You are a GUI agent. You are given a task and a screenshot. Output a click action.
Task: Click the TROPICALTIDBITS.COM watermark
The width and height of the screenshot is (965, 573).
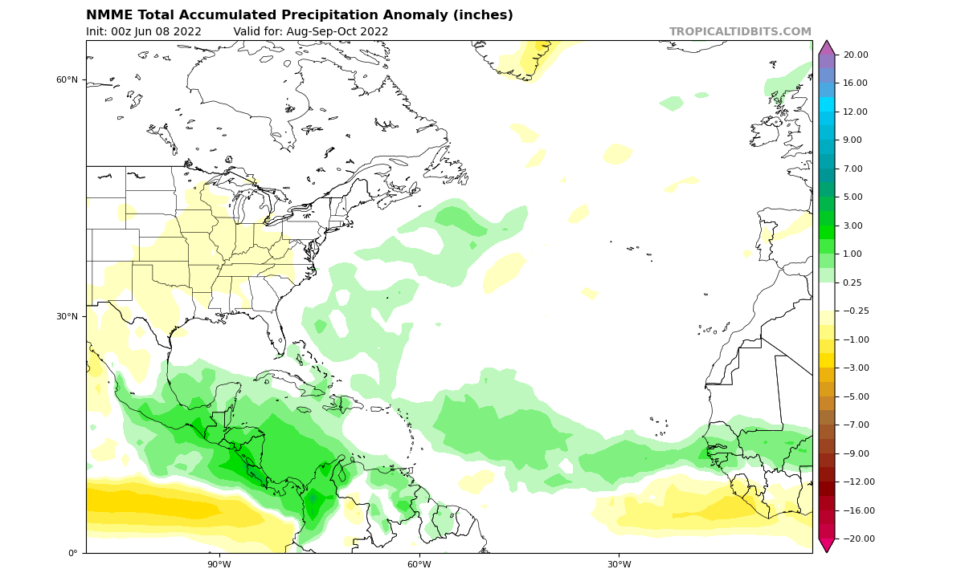point(740,32)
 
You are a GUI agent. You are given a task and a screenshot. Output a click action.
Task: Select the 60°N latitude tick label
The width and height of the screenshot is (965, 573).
point(67,79)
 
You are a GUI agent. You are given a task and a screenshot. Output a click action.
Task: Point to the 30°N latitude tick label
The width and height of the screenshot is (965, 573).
point(67,316)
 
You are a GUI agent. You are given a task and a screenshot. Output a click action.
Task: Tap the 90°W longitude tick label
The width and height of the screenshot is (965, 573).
point(219,564)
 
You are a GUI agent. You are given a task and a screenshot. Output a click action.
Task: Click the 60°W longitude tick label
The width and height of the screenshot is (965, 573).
point(419,564)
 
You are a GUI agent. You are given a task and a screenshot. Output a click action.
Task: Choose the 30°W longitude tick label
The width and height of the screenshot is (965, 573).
point(619,564)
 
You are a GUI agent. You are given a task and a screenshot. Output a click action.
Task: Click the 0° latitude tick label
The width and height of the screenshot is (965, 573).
point(72,553)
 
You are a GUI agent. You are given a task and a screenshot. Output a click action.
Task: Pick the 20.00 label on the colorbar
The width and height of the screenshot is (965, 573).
point(856,55)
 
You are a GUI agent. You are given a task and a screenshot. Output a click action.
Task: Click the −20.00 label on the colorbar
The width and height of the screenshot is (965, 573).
point(854,538)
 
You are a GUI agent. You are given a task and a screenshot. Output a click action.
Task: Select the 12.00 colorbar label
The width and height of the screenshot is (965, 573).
point(856,112)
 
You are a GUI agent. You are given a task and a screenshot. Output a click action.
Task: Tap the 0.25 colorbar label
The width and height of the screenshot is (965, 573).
point(853,282)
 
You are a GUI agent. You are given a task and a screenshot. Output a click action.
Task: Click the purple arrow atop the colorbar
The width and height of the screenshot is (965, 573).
point(827,47)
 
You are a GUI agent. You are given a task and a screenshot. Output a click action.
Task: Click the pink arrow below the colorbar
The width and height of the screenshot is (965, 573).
point(827,546)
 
